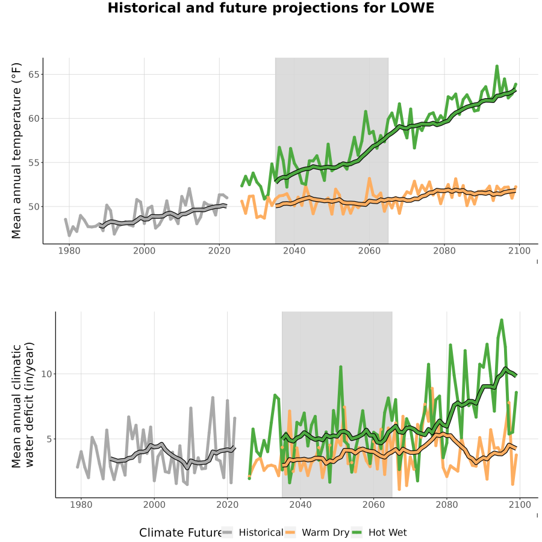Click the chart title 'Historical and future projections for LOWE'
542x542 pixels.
tap(270, 8)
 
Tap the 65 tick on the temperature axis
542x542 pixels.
tap(34, 75)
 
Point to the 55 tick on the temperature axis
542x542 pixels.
tap(34, 163)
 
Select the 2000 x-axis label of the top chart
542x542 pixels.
tap(144, 251)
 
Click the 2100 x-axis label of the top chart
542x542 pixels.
tap(519, 251)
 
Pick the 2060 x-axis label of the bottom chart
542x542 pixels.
tap(373, 505)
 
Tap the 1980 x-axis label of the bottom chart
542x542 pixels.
tap(81, 505)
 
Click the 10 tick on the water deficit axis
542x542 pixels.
tap(46, 374)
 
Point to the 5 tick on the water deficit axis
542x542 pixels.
tap(49, 439)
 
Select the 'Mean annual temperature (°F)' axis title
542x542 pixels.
tap(16, 151)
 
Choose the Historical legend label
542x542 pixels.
tap(261, 532)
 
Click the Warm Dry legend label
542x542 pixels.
tap(326, 533)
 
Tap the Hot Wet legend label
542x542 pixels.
tap(387, 532)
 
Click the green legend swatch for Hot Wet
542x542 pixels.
tap(357, 532)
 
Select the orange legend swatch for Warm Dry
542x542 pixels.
tap(290, 532)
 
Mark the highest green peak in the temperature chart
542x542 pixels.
tap(497, 66)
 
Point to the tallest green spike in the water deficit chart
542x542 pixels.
tap(502, 320)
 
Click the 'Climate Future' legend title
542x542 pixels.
tap(181, 532)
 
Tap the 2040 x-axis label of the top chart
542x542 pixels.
tap(294, 251)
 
